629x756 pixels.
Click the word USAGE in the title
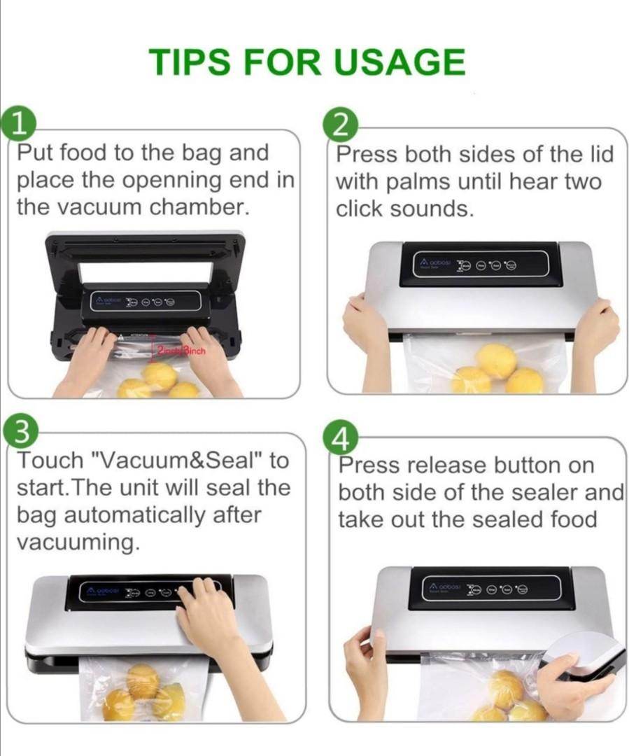(x=399, y=62)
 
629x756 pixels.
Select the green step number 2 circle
(x=340, y=125)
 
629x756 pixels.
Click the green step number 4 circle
(x=341, y=438)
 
